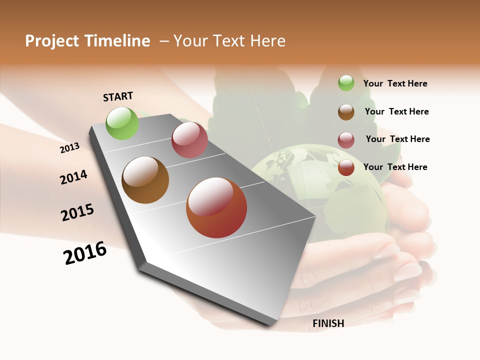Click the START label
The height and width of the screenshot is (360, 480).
118,96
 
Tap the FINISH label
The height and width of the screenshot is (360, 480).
328,323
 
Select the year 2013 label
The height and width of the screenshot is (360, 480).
69,148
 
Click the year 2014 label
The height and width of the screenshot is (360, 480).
73,177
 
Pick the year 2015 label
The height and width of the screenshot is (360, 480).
77,212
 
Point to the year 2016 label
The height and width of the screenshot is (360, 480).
85,253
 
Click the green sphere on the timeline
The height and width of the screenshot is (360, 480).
122,123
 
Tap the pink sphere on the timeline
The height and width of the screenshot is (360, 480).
189,140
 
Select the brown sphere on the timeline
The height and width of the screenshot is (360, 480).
145,180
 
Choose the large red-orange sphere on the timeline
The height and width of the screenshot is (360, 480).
216,207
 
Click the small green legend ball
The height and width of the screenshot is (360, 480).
346,83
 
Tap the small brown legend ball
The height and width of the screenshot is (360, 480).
346,112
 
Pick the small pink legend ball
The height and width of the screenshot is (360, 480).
346,140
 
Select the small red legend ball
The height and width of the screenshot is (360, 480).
346,167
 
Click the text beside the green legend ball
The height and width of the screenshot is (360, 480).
395,84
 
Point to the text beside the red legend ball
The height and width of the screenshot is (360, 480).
395,167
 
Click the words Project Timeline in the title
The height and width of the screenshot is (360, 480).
87,41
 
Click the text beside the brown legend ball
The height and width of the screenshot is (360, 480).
396,111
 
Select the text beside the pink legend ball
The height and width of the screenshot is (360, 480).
397,139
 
